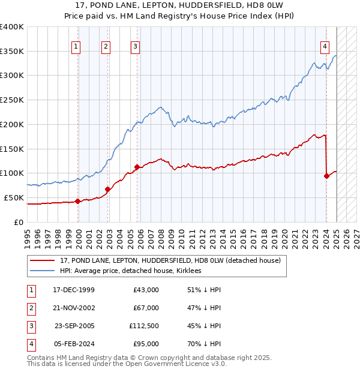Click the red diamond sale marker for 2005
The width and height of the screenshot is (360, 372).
tap(137, 167)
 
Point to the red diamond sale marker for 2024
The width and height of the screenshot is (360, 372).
tap(326, 176)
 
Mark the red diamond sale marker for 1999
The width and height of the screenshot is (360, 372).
tap(78, 201)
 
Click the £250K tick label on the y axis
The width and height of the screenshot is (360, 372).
tap(12, 100)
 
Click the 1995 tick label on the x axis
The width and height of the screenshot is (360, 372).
tap(28, 234)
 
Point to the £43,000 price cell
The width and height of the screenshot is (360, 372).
tap(146, 290)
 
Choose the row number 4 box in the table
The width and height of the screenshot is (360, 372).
tap(30, 344)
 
